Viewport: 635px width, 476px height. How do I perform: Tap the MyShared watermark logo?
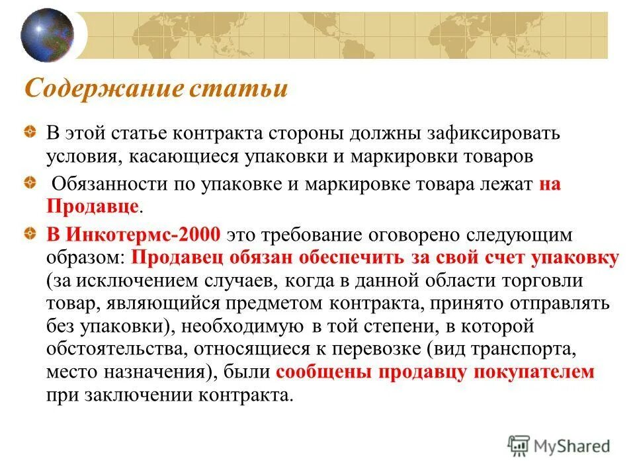[559, 446]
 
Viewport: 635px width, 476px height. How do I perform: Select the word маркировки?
[415, 155]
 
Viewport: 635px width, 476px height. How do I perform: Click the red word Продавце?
[92, 207]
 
